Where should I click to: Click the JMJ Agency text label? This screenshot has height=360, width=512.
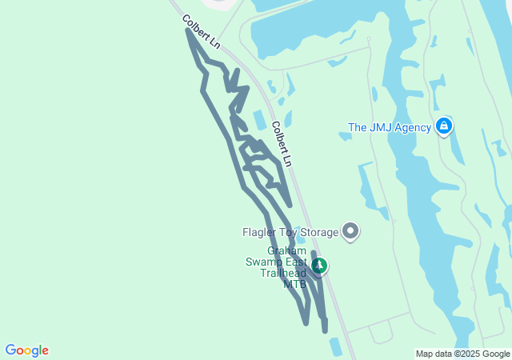click(x=390, y=127)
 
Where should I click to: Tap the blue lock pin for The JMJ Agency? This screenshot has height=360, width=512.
click(x=444, y=126)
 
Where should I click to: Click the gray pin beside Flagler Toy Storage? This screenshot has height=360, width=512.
click(x=350, y=232)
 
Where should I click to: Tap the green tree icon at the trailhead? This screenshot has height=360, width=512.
click(x=319, y=265)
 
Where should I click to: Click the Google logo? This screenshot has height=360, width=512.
click(x=26, y=350)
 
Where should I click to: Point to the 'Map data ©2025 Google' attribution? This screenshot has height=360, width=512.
click(x=462, y=354)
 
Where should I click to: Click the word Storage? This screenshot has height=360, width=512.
click(x=316, y=233)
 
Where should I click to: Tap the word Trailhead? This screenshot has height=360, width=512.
click(x=282, y=272)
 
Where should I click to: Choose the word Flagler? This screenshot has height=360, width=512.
click(x=261, y=233)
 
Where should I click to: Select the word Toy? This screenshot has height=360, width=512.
click(x=288, y=233)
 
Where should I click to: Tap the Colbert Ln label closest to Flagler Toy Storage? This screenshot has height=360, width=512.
click(x=282, y=144)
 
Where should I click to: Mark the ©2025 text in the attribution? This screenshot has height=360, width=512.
click(x=470, y=354)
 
